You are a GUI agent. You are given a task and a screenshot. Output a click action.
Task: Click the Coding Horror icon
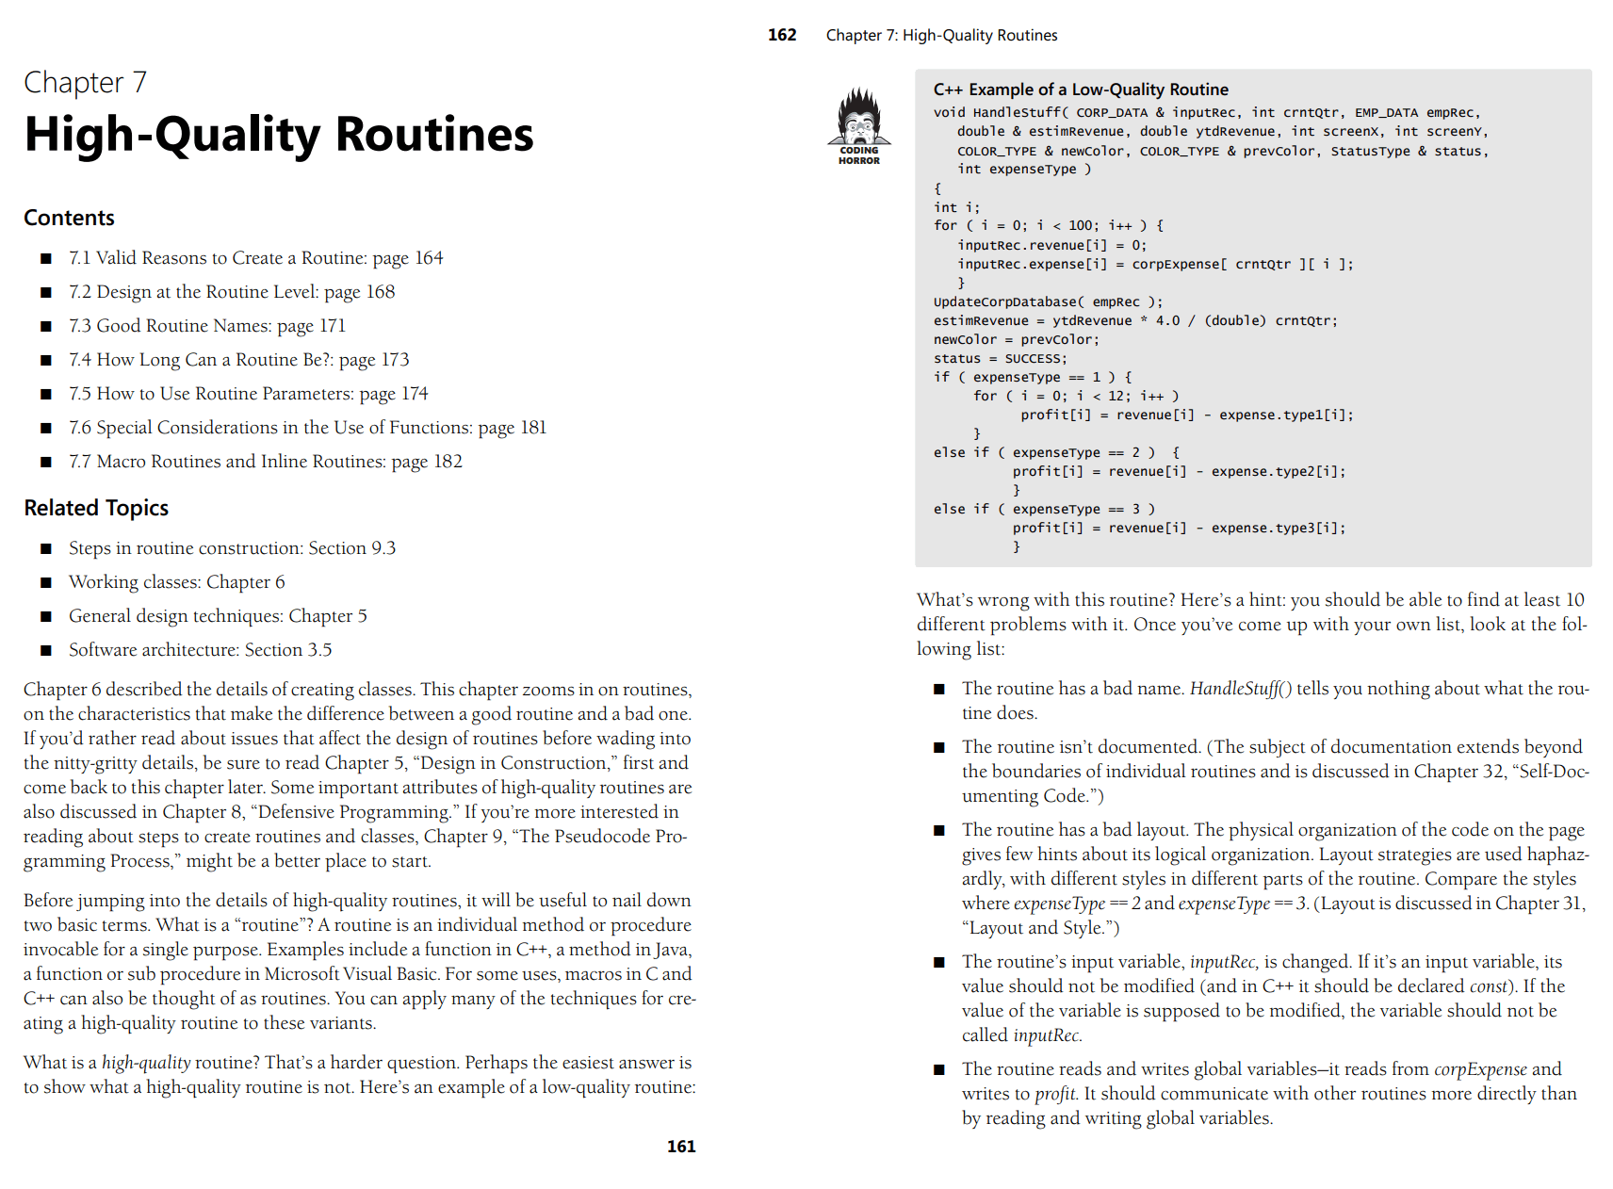[859, 125]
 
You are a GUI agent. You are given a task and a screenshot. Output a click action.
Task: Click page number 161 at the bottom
[681, 1147]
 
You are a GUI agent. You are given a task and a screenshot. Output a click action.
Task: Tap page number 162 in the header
[782, 35]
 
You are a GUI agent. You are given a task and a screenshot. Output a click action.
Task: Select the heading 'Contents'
[69, 218]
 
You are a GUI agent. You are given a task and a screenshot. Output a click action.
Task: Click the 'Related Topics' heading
[96, 508]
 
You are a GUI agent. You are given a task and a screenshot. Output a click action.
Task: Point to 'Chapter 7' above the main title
[85, 83]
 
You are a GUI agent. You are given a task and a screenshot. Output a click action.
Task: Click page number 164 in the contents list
[429, 258]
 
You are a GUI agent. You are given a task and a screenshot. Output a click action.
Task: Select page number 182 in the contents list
[448, 462]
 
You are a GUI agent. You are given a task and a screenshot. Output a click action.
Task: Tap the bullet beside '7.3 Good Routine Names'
[45, 327]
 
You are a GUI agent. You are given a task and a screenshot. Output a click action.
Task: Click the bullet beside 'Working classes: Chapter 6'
[45, 583]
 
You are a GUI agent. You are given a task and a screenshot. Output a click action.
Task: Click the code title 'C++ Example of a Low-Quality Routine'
[1081, 90]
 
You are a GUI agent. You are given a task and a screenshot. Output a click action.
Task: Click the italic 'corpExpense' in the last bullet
[1480, 1069]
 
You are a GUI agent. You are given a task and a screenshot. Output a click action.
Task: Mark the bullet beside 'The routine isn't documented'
[938, 748]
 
